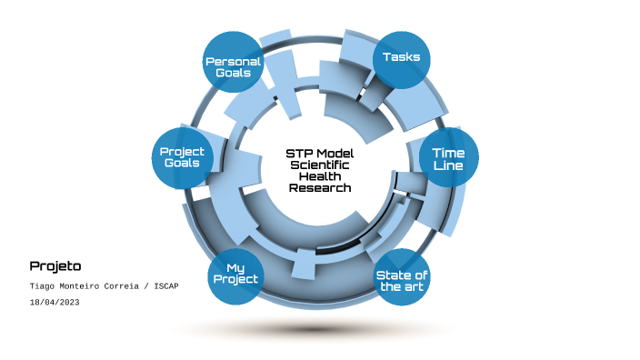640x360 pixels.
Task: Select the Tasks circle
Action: [401, 58]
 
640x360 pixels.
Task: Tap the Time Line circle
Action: [448, 160]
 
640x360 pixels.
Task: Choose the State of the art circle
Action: [403, 280]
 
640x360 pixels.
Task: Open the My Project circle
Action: [235, 274]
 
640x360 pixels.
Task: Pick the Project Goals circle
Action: [182, 156]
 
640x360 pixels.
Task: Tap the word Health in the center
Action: [320, 176]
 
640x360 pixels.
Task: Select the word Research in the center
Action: [320, 188]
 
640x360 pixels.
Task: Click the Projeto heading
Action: [55, 266]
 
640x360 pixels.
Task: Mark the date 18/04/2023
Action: [55, 301]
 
